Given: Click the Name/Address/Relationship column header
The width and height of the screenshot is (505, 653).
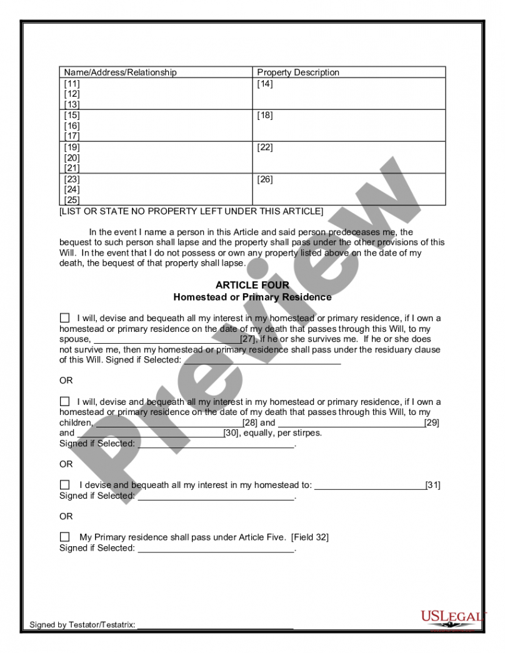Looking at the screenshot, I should pos(120,72).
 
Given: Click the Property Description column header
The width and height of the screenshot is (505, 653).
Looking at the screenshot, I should pos(298,72).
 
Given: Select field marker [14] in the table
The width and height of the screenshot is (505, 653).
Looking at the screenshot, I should pos(265,84).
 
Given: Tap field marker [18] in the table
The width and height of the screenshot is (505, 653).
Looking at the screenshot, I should pos(265,116).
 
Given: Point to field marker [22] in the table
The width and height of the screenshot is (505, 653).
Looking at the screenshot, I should pos(265,147).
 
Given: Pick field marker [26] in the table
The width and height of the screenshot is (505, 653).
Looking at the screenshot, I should pos(265,179).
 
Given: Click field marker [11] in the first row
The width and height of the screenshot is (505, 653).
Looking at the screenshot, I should pos(72,84).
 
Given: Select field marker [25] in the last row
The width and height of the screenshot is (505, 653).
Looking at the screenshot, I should pos(72,200).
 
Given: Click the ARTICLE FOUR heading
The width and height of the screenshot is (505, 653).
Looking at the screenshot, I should pos(252,286).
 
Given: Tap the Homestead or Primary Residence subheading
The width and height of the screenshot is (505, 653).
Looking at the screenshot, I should pos(252,297).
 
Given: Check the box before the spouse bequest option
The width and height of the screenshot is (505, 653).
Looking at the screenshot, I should pos(65,318).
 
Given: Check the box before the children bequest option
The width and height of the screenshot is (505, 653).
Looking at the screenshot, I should pos(65,401).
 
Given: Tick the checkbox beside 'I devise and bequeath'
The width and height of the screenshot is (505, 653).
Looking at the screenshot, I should pos(65,485).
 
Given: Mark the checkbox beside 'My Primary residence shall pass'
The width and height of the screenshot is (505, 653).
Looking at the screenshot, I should pos(65,537).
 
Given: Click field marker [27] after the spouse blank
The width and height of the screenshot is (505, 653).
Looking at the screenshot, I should pos(248,339).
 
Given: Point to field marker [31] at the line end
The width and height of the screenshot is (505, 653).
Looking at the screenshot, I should pos(432,485).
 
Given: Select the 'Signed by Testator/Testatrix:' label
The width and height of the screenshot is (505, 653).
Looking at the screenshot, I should pos(82,625).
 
